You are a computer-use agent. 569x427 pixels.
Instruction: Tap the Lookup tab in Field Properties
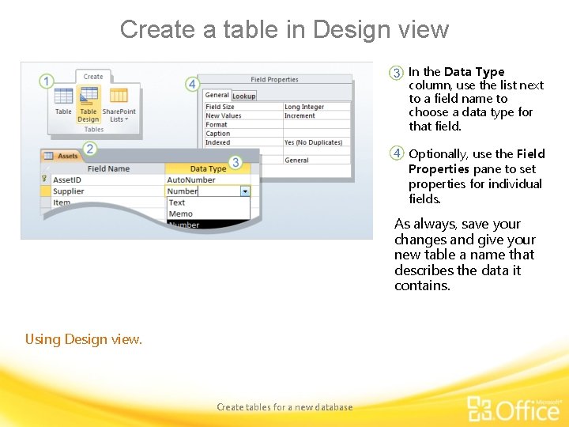(243, 96)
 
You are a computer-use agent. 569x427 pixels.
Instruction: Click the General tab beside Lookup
(217, 96)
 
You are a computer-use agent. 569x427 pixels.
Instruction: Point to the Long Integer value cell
(304, 107)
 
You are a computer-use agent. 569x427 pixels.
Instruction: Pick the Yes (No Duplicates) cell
(313, 142)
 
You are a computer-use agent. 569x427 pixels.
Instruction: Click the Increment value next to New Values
(300, 115)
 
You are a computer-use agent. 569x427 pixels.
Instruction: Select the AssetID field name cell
(67, 179)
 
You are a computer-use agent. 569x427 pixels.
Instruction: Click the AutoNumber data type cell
(191, 179)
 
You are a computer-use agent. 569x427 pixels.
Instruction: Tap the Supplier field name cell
(69, 191)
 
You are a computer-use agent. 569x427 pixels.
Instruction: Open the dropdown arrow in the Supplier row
(245, 191)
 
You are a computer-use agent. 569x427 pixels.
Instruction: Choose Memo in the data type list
(181, 213)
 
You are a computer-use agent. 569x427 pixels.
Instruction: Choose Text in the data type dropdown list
(177, 202)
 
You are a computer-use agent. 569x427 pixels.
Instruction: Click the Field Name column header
(108, 168)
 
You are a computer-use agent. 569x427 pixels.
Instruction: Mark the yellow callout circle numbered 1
(47, 81)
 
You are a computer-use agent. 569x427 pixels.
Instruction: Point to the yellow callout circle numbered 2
(89, 148)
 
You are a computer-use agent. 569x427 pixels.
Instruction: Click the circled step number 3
(397, 73)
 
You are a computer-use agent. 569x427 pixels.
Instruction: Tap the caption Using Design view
(84, 339)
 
